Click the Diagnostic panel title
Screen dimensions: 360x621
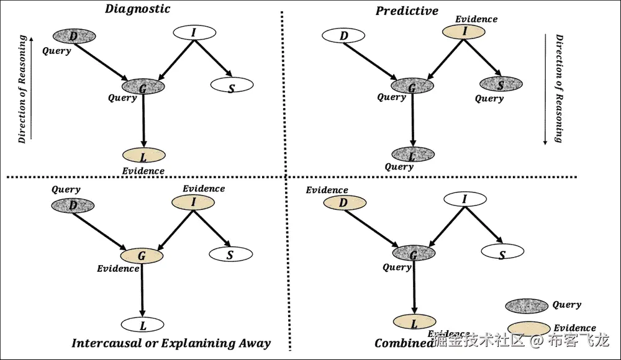pos(138,9)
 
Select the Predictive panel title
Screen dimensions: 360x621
pos(407,11)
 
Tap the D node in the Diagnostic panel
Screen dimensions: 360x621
pos(74,36)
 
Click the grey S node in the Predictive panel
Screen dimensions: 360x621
pos(501,84)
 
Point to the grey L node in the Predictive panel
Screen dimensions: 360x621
pos(413,153)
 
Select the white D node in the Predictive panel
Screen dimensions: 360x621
pos(344,35)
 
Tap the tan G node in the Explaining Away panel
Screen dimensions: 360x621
pos(142,255)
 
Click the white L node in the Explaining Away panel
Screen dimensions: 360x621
pos(143,324)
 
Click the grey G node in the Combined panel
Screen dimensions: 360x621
pos(414,253)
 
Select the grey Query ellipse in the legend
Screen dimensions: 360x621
pos(527,305)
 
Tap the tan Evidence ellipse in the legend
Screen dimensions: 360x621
pos(528,328)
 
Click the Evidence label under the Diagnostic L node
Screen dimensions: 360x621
pos(143,171)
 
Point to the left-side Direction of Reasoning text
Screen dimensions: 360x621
pos(23,90)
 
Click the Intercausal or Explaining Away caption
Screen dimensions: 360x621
pos(171,343)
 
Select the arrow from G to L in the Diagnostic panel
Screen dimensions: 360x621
pos(143,121)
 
